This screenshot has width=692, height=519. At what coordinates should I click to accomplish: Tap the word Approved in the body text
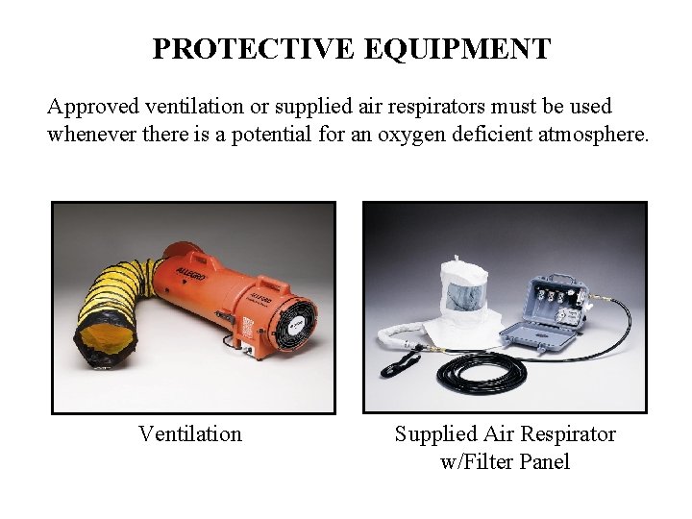pos(92,106)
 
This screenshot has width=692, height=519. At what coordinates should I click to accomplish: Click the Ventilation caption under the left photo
pos(190,434)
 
